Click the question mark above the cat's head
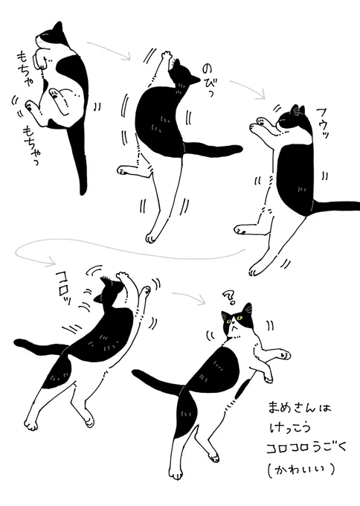tap(228, 298)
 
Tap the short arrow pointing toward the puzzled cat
tap(190, 297)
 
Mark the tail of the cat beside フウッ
tap(335, 205)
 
